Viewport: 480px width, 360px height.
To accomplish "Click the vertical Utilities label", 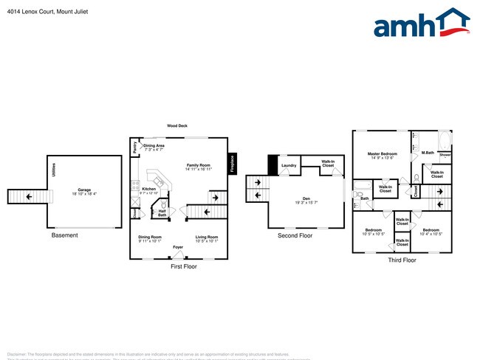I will click(53, 171).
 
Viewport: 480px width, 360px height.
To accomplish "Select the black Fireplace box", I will click(232, 163).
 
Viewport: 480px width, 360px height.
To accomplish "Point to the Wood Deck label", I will click(176, 126).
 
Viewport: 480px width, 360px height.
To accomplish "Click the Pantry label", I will click(134, 148).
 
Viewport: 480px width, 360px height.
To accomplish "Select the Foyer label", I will click(178, 246).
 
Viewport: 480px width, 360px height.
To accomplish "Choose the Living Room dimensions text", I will click(206, 240).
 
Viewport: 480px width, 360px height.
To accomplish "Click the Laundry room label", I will click(289, 165).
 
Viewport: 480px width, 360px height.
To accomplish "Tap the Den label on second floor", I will click(306, 197).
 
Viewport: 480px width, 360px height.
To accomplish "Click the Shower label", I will click(445, 156).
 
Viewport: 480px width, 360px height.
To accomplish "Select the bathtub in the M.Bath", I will click(445, 141).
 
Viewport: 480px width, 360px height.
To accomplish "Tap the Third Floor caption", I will click(402, 260).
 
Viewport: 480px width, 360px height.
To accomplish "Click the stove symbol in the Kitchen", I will click(136, 201).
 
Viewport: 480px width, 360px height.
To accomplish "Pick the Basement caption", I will click(65, 235).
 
